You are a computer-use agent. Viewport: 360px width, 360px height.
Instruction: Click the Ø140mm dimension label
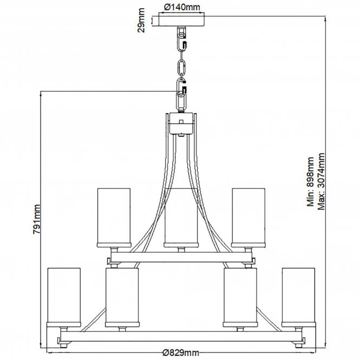pos(182,7)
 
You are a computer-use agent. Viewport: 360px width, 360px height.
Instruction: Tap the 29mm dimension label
pos(141,20)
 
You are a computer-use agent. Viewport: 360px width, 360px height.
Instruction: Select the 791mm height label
pos(37,219)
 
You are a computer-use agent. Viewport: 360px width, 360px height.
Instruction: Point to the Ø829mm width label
pos(181,352)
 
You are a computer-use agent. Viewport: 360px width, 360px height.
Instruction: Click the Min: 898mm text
pos(310,181)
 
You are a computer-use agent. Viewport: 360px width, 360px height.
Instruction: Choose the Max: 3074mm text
pos(321,181)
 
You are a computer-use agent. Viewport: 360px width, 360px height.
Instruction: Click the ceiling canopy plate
pos(181,19)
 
